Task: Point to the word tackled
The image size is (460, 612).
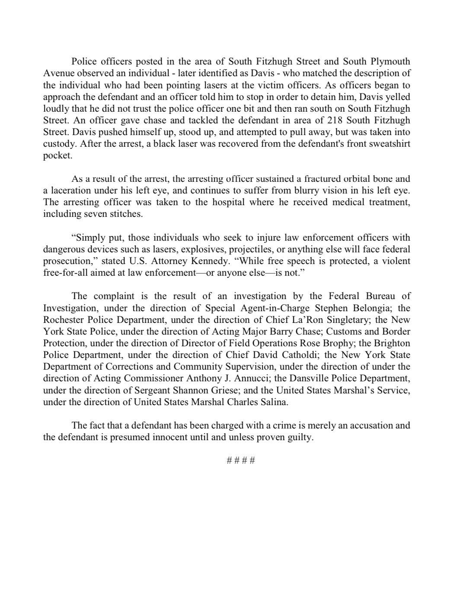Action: tap(167, 120)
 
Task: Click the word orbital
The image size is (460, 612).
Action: tap(342, 179)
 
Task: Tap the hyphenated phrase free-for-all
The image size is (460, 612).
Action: tap(64, 273)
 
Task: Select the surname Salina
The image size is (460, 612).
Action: tap(274, 402)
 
